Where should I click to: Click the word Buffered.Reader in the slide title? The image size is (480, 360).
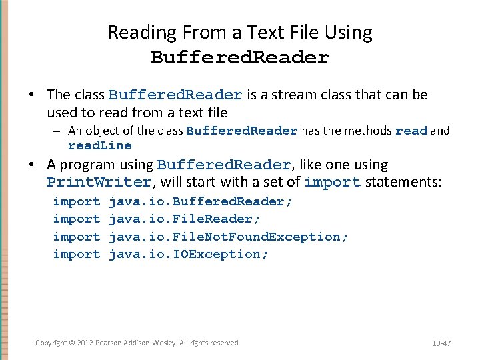pos(239,58)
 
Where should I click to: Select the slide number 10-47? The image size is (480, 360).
pos(441,343)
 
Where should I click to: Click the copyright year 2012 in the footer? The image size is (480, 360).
pos(83,343)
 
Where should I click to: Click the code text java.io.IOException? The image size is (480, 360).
pos(188,254)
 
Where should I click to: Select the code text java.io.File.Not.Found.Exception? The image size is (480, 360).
pos(228,237)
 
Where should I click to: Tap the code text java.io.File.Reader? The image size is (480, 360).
pos(184,219)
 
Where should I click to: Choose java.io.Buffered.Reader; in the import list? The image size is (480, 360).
pos(200,201)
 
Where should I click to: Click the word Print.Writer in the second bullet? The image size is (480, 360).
pos(99,182)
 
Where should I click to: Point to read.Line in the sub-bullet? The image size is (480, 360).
pos(100,145)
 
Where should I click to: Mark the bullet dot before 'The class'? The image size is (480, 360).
pos(32,95)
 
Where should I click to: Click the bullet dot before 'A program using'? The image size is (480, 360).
pos(32,165)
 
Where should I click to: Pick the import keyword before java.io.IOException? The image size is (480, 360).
pos(76,254)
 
